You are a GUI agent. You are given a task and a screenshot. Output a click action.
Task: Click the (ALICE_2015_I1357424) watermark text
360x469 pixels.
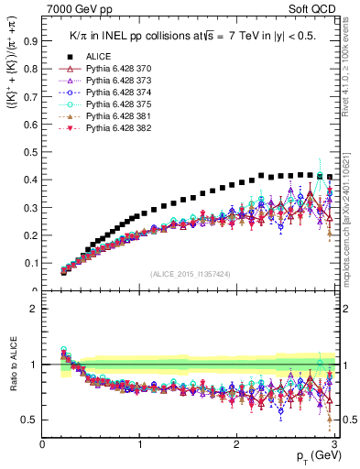[x=191, y=273]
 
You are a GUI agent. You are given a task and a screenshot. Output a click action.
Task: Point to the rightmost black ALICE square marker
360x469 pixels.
[x=330, y=177]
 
